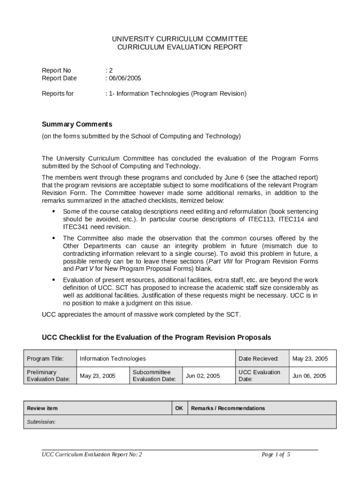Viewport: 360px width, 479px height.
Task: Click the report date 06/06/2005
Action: (124, 78)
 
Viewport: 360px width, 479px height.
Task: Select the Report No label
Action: (56, 70)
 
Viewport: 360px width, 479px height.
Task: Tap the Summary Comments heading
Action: (77, 124)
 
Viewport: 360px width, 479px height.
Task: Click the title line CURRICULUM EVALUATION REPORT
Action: (180, 47)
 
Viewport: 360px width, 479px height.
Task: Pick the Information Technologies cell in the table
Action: (113, 359)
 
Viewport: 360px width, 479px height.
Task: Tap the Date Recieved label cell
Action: (258, 359)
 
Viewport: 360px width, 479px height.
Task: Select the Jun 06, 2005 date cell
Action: (309, 376)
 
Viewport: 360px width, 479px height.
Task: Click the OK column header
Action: (179, 408)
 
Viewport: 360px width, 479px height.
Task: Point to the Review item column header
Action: (43, 408)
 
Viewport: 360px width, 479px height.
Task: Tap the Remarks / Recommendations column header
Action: (228, 408)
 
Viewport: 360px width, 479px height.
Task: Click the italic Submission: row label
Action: (42, 422)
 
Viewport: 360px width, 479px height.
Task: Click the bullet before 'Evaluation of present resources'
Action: (52, 280)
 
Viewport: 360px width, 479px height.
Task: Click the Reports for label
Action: (58, 94)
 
